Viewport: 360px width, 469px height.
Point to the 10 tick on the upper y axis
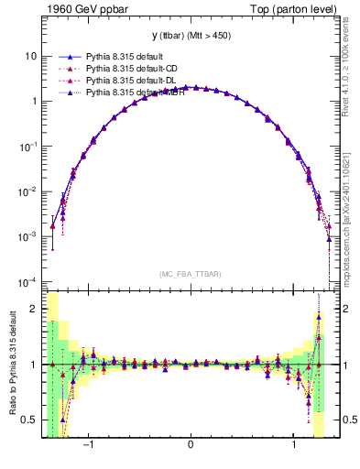pyautogui.click(x=30, y=56)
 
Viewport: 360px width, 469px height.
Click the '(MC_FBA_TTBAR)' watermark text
pyautogui.click(x=189, y=274)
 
